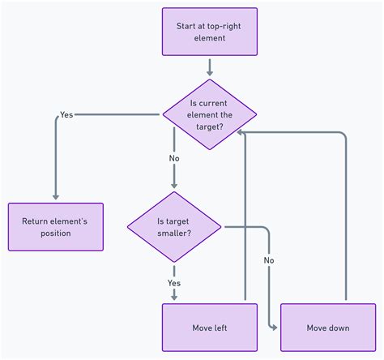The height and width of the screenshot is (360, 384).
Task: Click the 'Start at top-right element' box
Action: point(209,32)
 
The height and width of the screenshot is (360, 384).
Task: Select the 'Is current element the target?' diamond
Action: point(209,114)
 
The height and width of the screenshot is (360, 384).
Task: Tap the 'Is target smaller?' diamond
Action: point(173,227)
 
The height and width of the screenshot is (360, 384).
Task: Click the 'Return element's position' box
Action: point(56,226)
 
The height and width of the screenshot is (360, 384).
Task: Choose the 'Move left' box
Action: point(209,328)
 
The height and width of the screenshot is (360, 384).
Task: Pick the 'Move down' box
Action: point(327,328)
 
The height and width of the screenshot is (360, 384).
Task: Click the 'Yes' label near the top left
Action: point(66,115)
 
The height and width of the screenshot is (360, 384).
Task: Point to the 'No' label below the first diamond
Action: point(173,159)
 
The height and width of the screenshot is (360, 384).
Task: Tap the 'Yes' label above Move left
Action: point(173,283)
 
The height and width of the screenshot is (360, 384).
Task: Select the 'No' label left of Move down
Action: point(269,260)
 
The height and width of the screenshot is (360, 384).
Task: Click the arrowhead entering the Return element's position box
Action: point(56,197)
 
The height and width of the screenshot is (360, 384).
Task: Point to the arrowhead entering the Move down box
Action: point(275,328)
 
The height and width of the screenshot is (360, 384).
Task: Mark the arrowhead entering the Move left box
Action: point(173,298)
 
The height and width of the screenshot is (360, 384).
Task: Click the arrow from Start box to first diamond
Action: point(209,66)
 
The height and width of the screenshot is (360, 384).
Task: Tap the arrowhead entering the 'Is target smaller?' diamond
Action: point(173,186)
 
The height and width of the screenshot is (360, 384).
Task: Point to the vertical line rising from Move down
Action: point(346,219)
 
